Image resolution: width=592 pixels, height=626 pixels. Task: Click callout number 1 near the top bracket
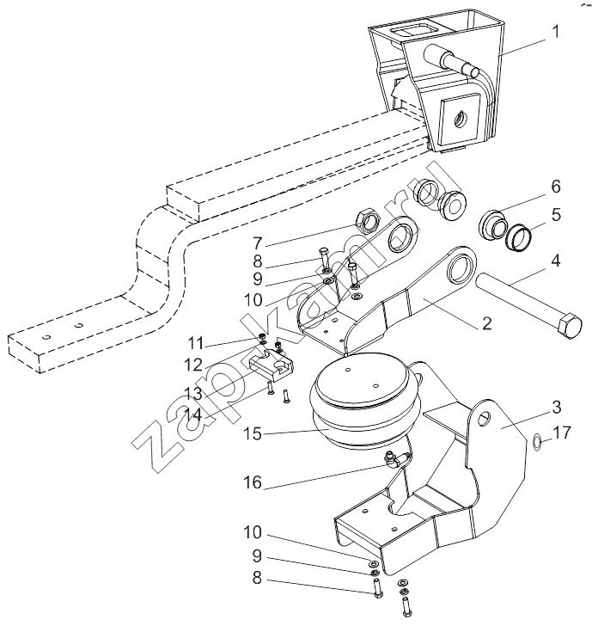(555, 32)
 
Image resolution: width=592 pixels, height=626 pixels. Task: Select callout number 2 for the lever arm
(486, 323)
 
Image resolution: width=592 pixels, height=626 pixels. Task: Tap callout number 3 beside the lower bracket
(557, 408)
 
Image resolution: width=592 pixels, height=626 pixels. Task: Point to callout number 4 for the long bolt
(556, 261)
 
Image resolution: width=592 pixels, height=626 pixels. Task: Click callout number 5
(556, 215)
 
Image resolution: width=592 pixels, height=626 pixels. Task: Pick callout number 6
(556, 187)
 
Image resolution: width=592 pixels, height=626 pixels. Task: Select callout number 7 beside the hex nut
(258, 243)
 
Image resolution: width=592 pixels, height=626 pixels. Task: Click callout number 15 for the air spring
(252, 434)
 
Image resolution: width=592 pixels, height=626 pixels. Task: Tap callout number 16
(252, 483)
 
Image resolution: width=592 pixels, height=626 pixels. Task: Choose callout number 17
(562, 433)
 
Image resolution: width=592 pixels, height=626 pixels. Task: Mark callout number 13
(193, 394)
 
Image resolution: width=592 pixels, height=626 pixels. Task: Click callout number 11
(196, 343)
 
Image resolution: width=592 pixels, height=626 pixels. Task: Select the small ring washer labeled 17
(536, 442)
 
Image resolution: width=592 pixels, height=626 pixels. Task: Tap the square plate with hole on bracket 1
(460, 119)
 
